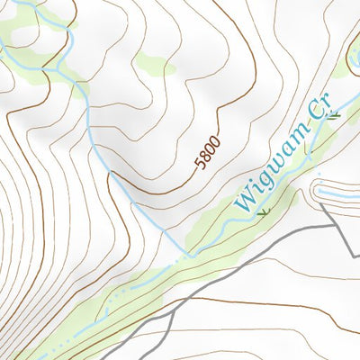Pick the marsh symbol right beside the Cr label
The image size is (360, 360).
[335, 114]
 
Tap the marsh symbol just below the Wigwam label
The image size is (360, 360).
[263, 212]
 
